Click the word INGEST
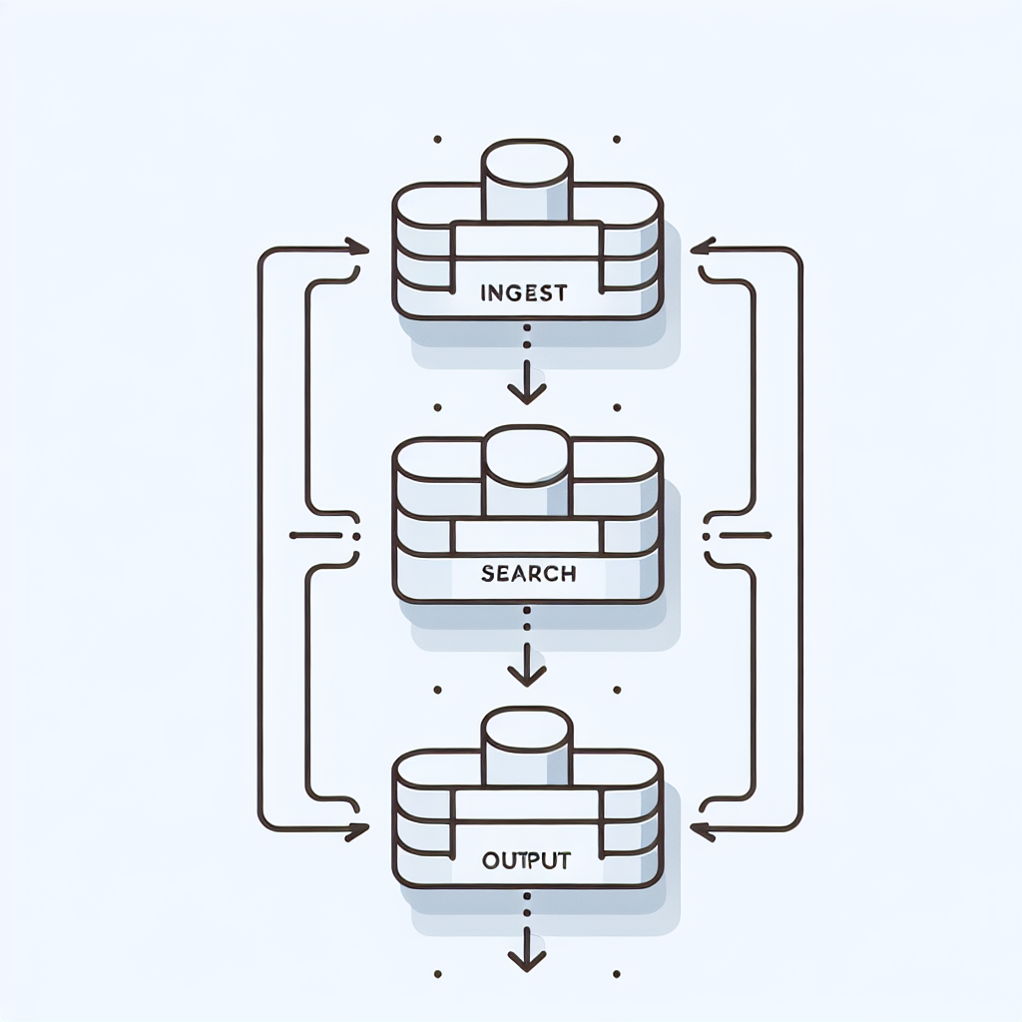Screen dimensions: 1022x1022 [523, 293]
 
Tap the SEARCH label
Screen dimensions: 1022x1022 [527, 574]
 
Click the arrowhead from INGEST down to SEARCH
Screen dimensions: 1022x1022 [527, 390]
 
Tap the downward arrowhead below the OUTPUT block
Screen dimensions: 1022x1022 [527, 959]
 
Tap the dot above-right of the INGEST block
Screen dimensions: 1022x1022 [617, 139]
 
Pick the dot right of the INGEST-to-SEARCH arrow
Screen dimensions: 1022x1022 [617, 407]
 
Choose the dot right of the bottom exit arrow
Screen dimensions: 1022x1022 [617, 972]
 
